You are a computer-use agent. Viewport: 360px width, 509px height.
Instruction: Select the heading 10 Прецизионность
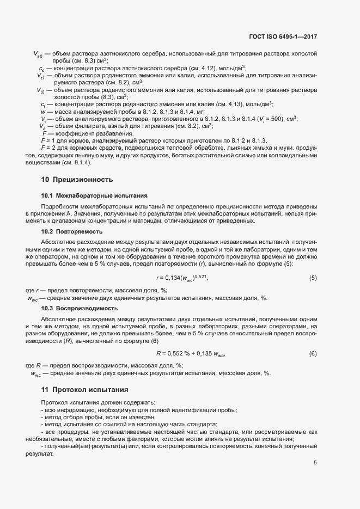(77, 179)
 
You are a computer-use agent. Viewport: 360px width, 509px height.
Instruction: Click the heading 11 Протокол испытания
(84, 390)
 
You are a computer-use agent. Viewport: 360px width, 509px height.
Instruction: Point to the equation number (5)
(313, 278)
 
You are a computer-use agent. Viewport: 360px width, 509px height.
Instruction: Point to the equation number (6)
(313, 354)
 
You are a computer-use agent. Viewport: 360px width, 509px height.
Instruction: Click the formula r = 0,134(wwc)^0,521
(182, 278)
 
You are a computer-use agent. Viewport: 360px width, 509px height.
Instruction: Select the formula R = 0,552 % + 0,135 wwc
(190, 354)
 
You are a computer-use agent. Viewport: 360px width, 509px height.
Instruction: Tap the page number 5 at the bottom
(315, 463)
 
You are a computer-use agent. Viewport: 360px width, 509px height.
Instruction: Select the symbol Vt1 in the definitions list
(40, 75)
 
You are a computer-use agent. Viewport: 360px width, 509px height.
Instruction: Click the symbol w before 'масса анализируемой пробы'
(42, 111)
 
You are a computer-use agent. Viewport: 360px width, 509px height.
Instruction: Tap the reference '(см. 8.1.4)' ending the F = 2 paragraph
(77, 162)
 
